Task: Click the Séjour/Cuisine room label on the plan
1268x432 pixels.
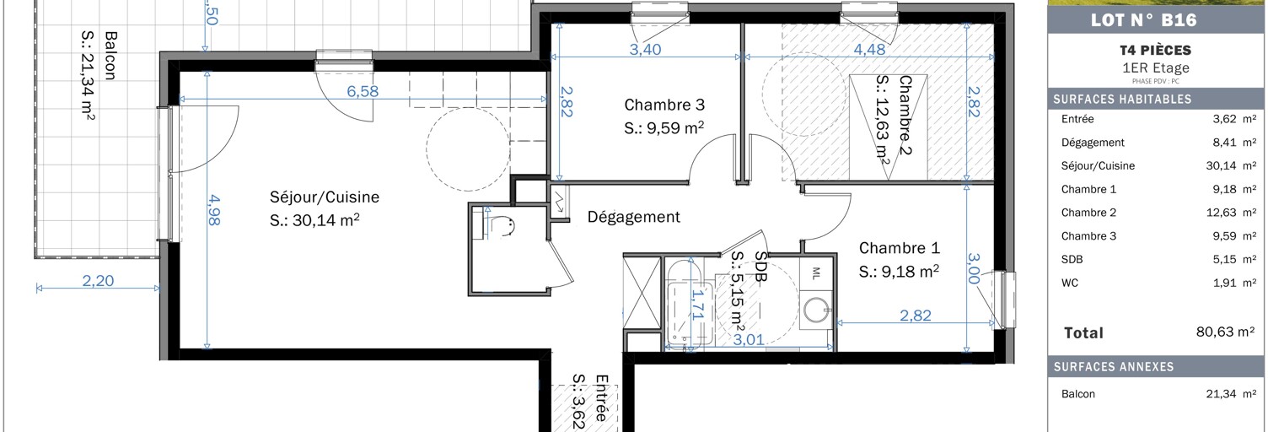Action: point(325,197)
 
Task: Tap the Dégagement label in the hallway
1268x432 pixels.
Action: point(633,217)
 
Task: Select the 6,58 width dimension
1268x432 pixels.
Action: point(363,91)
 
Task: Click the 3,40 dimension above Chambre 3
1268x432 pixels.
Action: point(646,49)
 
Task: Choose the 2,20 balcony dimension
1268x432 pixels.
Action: point(99,282)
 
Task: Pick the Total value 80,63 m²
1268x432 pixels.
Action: point(1225,332)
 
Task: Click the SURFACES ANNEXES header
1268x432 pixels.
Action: point(1113,367)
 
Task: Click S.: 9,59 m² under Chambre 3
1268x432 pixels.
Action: point(664,129)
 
